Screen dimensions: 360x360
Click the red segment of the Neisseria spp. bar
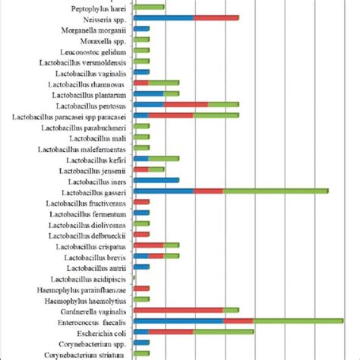216,17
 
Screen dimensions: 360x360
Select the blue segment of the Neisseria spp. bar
163,17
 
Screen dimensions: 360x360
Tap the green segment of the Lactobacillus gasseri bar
275,191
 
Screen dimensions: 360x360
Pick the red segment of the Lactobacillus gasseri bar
208,191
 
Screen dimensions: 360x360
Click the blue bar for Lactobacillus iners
156,180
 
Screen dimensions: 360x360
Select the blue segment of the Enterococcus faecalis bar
178,321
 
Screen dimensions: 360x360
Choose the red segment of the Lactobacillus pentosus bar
186,104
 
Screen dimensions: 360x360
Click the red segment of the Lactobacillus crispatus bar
149,245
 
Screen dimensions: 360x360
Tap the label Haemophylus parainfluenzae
85,289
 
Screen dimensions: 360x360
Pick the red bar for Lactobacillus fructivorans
141,202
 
